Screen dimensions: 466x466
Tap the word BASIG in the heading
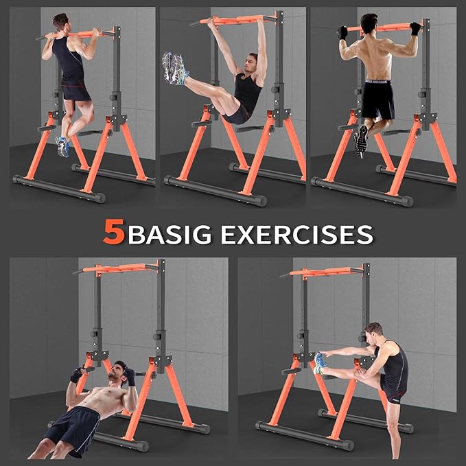click(172, 234)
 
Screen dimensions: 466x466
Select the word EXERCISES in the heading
click(296, 234)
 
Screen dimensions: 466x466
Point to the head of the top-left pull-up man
click(61, 23)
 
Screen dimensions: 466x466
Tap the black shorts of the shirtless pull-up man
click(378, 100)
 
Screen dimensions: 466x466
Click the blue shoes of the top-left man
click(63, 145)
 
